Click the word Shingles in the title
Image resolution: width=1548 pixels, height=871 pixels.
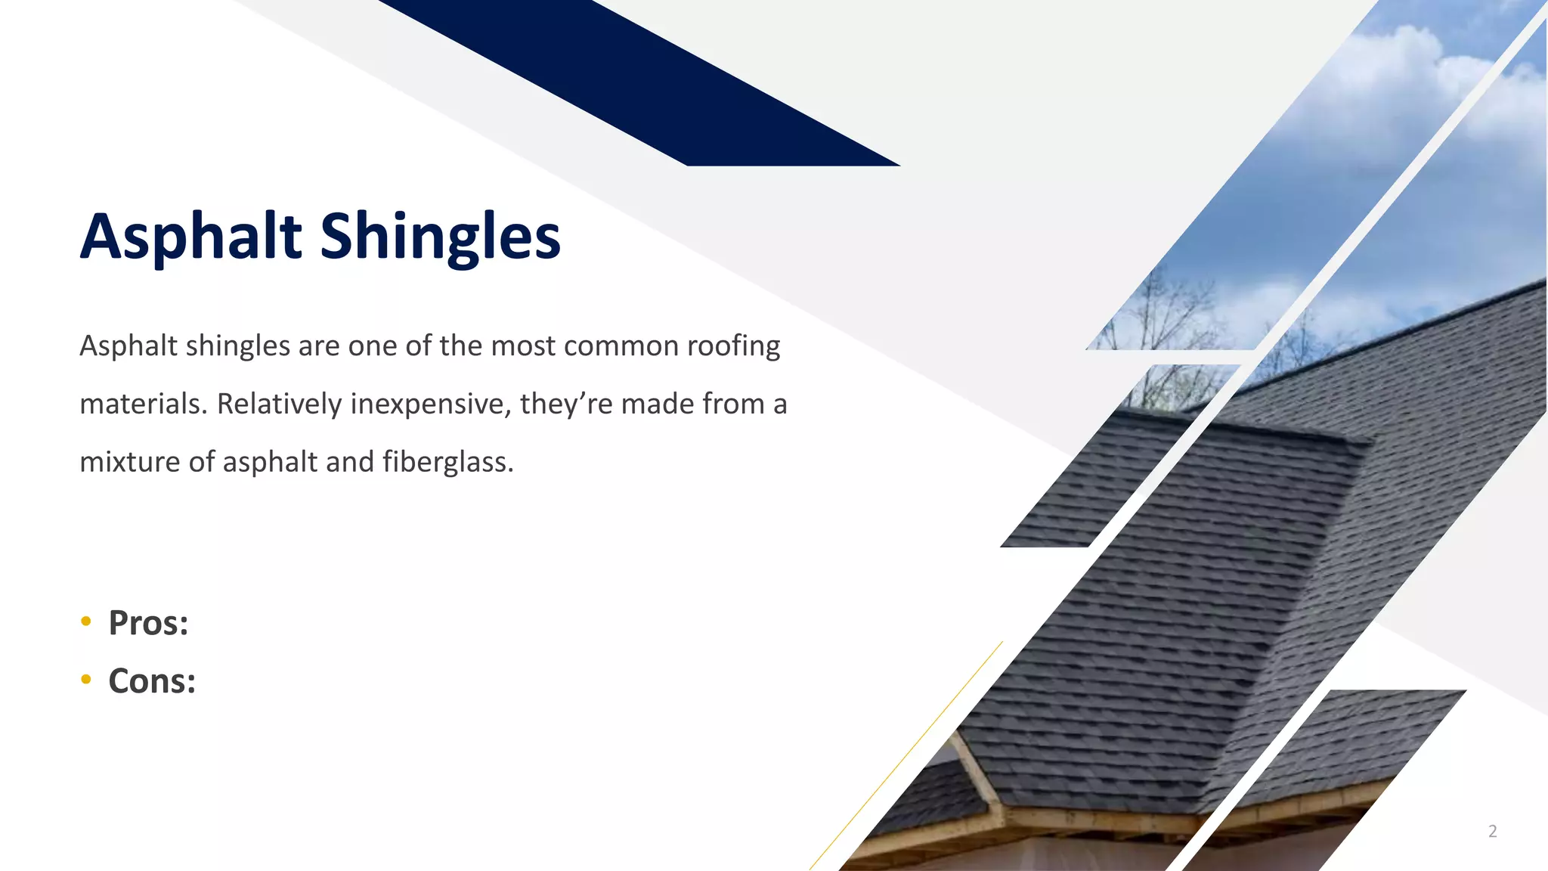tap(440, 237)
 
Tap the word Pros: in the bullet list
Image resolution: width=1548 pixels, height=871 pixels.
tap(148, 623)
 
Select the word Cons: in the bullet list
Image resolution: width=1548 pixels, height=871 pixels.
tap(152, 681)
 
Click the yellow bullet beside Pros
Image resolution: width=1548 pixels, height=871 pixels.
tap(86, 621)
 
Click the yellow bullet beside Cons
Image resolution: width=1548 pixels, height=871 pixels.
tap(86, 680)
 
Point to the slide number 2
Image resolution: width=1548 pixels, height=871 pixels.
tap(1492, 831)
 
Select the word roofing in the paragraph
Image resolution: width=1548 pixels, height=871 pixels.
tap(733, 346)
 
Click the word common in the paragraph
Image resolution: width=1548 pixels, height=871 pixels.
tap(621, 346)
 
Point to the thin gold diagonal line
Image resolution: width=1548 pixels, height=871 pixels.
tap(907, 756)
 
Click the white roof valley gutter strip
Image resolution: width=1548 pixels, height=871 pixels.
tap(979, 779)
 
